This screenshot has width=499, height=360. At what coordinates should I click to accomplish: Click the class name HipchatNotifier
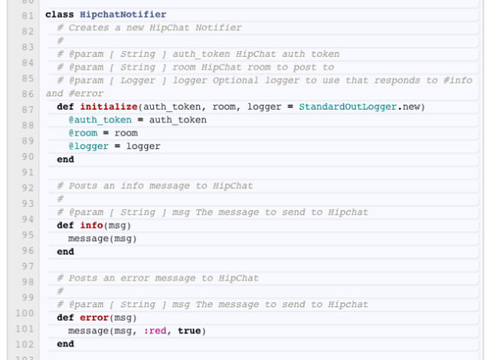pos(123,14)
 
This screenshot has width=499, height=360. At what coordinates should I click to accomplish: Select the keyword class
pos(59,14)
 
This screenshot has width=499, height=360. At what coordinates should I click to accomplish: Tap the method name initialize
pos(109,106)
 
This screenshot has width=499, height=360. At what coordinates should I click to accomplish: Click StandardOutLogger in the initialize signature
pos(347,107)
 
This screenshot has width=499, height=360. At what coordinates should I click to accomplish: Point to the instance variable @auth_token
pos(100,120)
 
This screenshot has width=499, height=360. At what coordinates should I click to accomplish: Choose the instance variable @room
pos(83,133)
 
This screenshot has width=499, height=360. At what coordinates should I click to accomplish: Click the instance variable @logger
pos(89,147)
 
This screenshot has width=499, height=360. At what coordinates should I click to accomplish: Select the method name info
pos(91,225)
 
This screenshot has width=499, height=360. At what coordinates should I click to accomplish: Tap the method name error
pos(95,317)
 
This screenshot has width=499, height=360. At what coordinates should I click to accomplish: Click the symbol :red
pos(155,331)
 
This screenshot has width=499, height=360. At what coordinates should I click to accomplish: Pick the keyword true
pos(189,331)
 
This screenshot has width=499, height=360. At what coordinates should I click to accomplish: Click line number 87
pos(28,110)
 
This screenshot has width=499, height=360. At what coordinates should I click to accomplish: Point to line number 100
pos(25,313)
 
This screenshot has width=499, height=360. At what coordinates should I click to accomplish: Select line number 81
pos(28,16)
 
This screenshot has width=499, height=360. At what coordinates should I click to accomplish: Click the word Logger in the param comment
pos(137,80)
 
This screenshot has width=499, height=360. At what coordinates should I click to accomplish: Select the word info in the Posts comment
pos(131,186)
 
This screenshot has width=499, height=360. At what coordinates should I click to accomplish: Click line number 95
pos(28,235)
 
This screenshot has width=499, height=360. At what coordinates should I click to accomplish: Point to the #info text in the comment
pos(458,80)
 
